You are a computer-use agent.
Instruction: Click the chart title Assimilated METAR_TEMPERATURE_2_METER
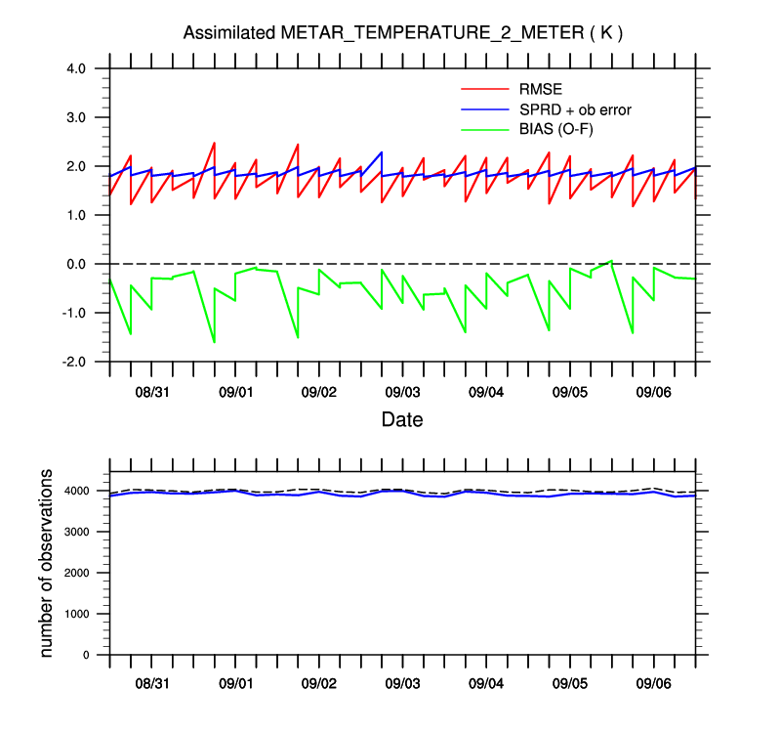point(402,33)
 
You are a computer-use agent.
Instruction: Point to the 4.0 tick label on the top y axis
point(77,68)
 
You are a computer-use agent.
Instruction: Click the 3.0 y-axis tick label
point(77,117)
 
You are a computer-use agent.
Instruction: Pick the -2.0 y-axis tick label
point(75,362)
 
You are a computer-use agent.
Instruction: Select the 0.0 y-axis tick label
point(77,264)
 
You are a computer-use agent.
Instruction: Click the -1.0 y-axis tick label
point(75,313)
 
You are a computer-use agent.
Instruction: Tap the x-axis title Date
point(402,419)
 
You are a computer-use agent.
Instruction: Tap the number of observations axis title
point(46,561)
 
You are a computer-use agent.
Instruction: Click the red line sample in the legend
point(485,90)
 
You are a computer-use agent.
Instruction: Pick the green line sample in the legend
point(485,129)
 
